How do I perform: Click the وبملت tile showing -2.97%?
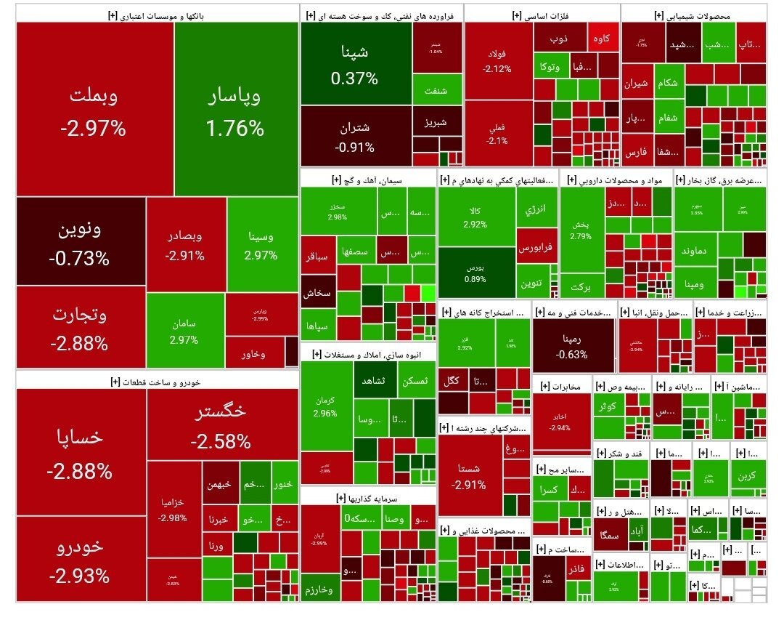click(94, 109)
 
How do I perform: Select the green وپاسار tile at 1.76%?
click(236, 109)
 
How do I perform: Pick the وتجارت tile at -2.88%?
click(80, 327)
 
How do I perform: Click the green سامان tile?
click(184, 331)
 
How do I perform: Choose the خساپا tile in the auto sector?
click(80, 451)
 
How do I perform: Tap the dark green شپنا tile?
click(355, 63)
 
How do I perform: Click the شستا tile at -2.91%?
click(470, 475)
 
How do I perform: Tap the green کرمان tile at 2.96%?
click(326, 407)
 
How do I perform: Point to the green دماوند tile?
click(699, 250)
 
